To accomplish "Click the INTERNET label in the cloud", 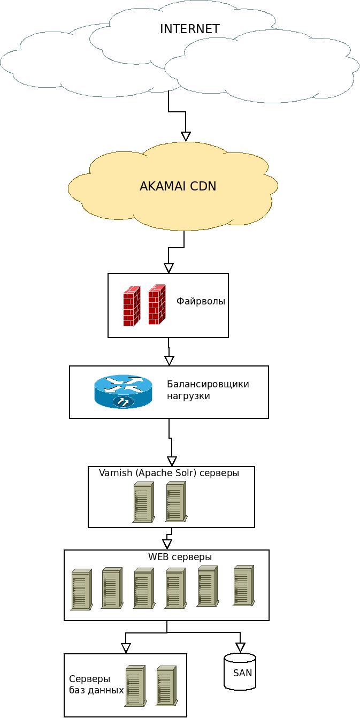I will coord(189,29).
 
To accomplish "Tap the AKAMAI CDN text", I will coord(178,186).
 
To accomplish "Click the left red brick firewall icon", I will coord(132,306).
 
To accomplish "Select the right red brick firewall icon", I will coord(157,304).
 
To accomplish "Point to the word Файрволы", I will coord(201,301).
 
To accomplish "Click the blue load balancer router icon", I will coord(123,392).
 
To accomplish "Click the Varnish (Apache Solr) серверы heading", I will coord(168,473).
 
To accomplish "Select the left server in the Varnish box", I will coord(143,502).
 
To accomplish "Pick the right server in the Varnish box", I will coord(175,502).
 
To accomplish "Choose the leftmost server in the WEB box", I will coord(81,589).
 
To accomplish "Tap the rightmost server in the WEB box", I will coord(243,585).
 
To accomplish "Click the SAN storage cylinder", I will coord(240,671).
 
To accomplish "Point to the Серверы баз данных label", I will coord(96,684).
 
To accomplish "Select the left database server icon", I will coord(135,686).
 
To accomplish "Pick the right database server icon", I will coord(166,686).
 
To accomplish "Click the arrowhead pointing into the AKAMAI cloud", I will coord(186,136).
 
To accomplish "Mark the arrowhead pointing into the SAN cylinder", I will coord(240,647).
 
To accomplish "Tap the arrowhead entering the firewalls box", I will coord(168,268).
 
